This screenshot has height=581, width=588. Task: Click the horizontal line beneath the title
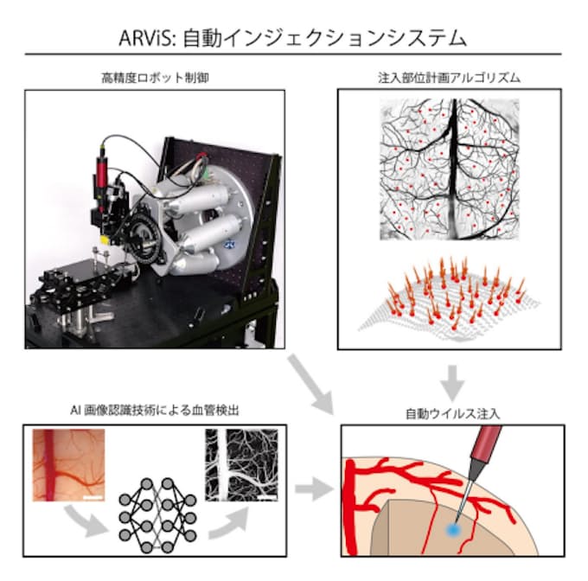pos(294,55)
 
